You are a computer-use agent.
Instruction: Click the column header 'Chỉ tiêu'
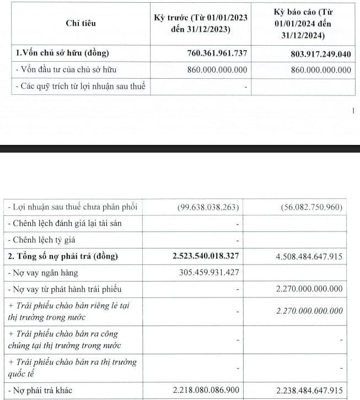pos(80,23)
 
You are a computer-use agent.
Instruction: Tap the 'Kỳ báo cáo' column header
pos(307,23)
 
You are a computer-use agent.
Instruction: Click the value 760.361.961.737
pos(211,53)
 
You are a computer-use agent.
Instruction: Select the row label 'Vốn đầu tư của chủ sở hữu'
pos(69,70)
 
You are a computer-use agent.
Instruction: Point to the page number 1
pos(353,111)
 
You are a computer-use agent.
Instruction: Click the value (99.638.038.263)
pos(208,208)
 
